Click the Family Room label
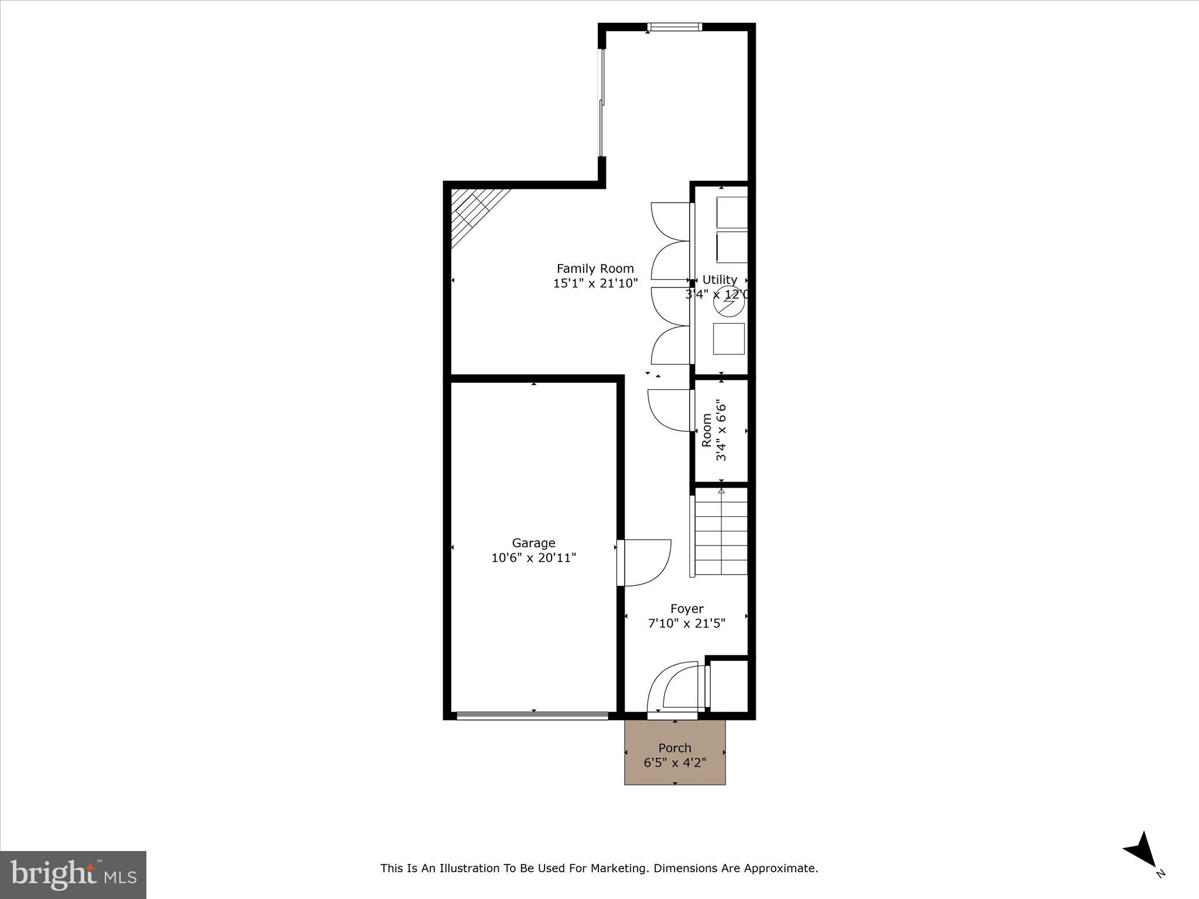pos(595,269)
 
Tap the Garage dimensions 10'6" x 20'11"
pos(533,558)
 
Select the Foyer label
pos(687,609)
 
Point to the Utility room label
pos(720,280)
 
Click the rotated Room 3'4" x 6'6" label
pos(714,431)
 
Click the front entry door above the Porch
pos(673,691)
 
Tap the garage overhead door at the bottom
pos(532,715)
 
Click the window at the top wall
pos(674,26)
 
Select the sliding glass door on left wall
pos(601,103)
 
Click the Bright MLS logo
pos(73,874)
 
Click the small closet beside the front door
pos(729,685)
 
